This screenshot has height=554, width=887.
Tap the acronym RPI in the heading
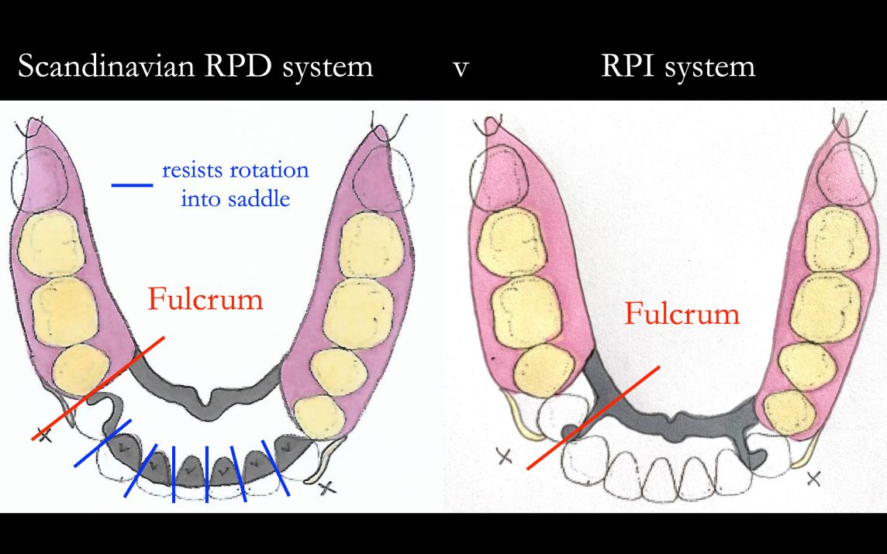626,66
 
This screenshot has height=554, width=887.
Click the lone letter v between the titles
461,68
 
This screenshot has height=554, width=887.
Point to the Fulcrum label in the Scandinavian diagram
205,298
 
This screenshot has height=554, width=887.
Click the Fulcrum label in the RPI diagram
682,314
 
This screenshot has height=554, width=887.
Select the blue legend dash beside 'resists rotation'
133,185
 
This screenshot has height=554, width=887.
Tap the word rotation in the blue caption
268,170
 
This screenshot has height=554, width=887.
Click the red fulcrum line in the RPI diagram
593,418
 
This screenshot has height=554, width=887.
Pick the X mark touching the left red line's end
45,435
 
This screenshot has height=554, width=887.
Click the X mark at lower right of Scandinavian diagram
328,487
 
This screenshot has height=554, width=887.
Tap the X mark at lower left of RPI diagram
505,457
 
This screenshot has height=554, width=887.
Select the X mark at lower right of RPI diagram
813,478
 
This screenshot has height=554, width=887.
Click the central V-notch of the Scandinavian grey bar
207,403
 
